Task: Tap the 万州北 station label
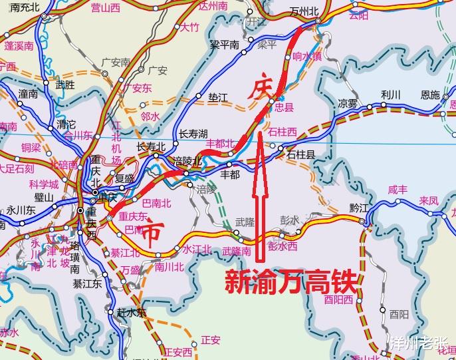coord(306,13)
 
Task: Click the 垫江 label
coord(217,98)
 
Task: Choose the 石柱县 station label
coord(300,154)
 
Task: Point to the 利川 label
coord(391,94)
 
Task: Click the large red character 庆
coord(259,90)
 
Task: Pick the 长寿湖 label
coord(193,134)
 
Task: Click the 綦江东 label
coord(88,284)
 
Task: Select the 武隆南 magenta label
coord(236,251)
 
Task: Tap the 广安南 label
coord(116,63)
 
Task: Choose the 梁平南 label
coord(224,45)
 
